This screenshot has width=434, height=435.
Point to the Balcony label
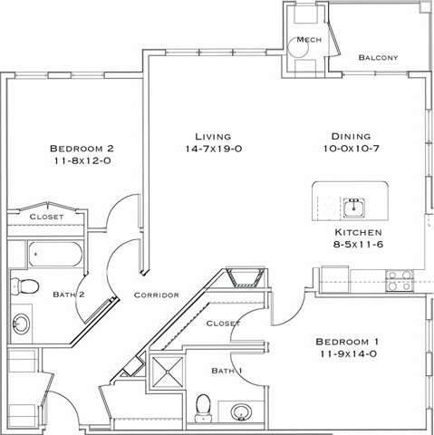(380, 57)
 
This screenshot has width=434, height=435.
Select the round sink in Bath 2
(22, 323)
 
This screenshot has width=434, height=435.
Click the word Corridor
(156, 295)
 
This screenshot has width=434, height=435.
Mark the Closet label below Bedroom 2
(46, 217)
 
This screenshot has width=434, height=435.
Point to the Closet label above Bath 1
(223, 323)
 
